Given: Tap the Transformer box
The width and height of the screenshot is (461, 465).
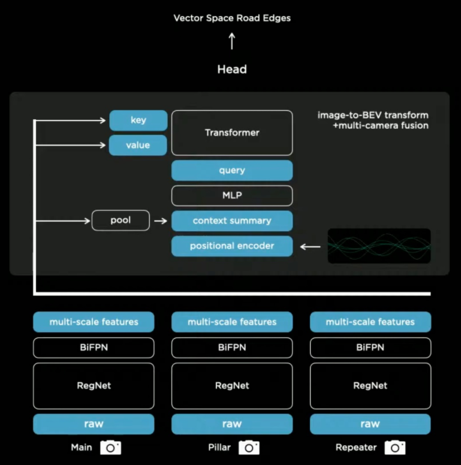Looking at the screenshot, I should (232, 132).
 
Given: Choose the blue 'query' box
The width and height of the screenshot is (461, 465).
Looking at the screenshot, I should (232, 171).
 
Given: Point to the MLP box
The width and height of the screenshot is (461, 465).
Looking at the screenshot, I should (232, 195).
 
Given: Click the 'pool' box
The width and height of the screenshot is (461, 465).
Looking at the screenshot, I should (120, 221).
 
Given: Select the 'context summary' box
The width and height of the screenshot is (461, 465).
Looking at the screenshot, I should (232, 221).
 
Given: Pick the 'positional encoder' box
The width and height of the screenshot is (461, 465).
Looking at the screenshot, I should (232, 246).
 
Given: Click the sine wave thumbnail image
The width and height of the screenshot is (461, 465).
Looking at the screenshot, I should (379, 246).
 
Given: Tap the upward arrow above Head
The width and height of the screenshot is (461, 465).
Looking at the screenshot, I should (232, 41).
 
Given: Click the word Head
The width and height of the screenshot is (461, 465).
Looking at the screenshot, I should (232, 70).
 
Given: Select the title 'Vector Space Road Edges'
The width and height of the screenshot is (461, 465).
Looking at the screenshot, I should (232, 18).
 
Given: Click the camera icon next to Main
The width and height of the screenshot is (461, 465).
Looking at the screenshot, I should (110, 448).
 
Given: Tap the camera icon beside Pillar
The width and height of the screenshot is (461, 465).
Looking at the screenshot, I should (249, 448).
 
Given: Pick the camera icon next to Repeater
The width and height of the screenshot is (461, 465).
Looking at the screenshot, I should (395, 448).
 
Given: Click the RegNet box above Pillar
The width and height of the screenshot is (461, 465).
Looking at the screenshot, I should (232, 386).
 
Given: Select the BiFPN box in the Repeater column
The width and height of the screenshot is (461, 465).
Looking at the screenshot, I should (370, 348).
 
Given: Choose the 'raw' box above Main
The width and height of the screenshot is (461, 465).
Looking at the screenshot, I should (94, 424).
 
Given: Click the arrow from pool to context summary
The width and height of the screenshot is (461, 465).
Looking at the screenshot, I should (159, 221).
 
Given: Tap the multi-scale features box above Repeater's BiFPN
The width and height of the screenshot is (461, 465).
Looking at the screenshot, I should (370, 322).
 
